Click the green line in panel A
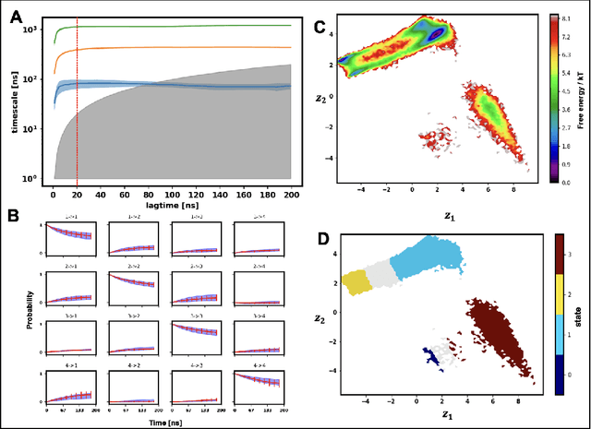185,27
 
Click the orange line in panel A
185,47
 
